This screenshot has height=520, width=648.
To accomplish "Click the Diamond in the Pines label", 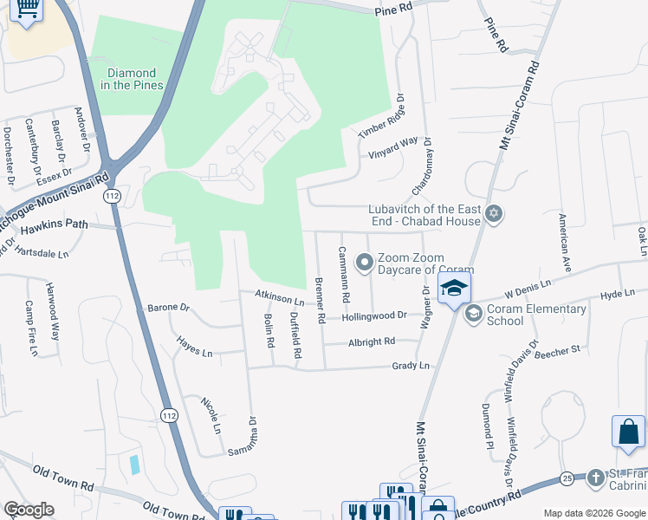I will (x=133, y=79).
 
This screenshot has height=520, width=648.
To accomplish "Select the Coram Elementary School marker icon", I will (x=473, y=313).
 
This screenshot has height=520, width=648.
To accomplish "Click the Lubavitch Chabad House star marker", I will (x=494, y=213).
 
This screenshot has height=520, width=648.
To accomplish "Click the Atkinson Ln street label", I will (x=280, y=297).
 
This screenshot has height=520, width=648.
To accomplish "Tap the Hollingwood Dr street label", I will (x=374, y=316).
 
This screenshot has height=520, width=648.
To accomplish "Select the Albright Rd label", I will (x=372, y=342).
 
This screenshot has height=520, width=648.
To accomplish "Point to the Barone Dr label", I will (x=168, y=307).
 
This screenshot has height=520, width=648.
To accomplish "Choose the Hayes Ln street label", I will (x=194, y=348).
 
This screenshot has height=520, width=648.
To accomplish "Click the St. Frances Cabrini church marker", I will (x=595, y=478).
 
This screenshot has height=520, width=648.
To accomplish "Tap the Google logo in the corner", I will (x=29, y=510).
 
